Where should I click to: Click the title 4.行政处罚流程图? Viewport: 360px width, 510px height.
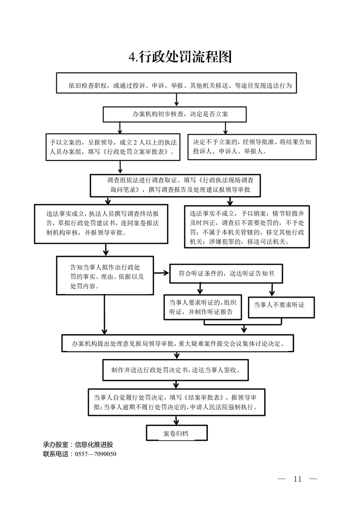pyautogui.click(x=180, y=57)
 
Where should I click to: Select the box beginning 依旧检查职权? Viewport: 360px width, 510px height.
pyautogui.click(x=180, y=85)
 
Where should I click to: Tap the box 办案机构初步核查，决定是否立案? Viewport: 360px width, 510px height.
pyautogui.click(x=174, y=115)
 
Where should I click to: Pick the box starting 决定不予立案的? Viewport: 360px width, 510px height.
pyautogui.click(x=252, y=147)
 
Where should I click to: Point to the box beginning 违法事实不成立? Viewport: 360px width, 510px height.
pyautogui.click(x=247, y=226)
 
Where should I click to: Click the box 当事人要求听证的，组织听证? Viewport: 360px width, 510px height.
pyautogui.click(x=202, y=307)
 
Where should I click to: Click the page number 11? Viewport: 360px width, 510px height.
pyautogui.click(x=297, y=479)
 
